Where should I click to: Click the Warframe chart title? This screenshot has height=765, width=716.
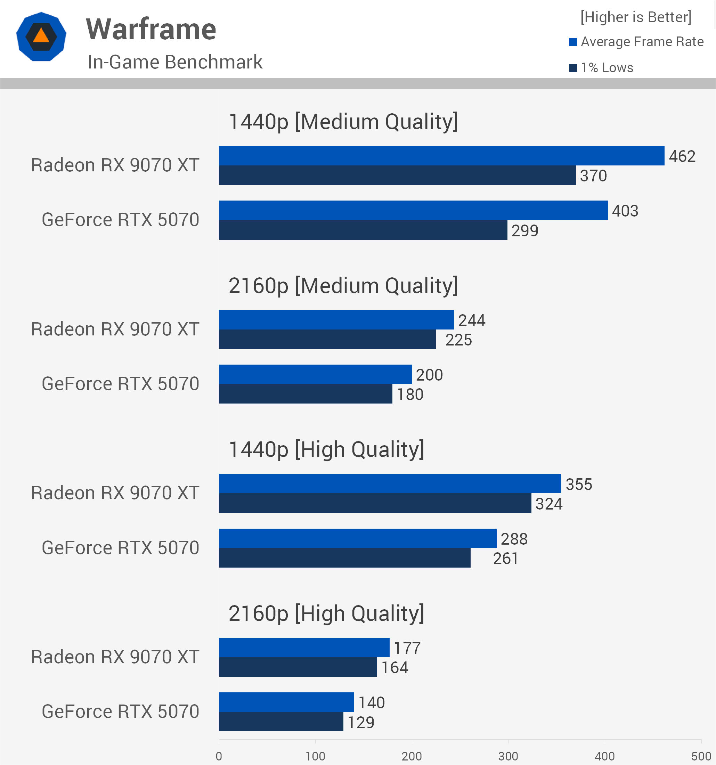151,29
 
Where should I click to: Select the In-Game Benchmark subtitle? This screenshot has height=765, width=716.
175,62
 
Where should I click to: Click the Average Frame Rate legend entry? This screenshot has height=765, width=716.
636,42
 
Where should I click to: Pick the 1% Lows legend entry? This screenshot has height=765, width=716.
601,68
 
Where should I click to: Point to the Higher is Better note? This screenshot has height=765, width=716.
636,17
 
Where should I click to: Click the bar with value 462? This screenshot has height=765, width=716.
442,155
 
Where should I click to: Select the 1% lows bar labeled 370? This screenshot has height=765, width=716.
397,175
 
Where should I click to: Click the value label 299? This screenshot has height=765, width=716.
525,230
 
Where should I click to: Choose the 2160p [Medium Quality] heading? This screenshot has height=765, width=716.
343,286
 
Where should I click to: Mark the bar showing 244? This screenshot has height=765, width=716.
337,320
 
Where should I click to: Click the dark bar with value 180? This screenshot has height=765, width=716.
306,394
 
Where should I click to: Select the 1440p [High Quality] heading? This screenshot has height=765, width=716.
326,449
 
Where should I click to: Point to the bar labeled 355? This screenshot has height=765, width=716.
390,483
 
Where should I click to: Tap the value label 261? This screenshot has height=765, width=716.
506,558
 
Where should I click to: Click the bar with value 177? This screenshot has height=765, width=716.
304,647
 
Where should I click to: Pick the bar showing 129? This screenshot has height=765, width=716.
281,722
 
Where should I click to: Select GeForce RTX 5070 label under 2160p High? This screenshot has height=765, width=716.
120,711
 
